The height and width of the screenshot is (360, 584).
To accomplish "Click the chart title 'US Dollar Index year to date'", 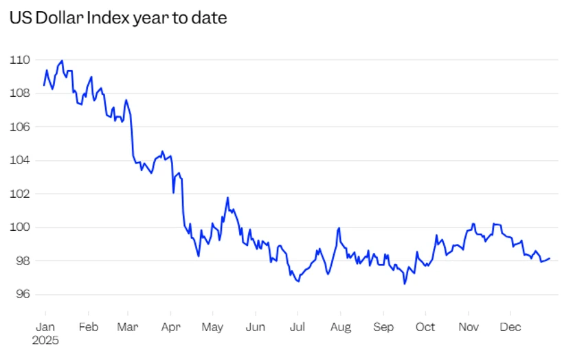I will point(117,19).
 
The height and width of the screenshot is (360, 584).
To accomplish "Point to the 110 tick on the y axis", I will point(19,60).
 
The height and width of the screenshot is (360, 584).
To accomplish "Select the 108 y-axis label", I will point(19,93).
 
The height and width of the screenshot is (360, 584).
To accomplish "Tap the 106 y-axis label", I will point(19,126).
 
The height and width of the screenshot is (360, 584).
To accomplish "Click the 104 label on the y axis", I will point(19,160).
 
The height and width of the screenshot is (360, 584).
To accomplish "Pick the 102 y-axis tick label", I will point(19,194).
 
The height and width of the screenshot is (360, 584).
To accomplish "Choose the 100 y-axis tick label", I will point(19,227).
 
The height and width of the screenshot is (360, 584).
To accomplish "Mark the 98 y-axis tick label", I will point(21,260).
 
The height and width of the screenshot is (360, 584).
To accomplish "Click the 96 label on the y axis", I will point(21,294).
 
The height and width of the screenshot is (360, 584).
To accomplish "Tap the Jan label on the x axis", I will point(45,327).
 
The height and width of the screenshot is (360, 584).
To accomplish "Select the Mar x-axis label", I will point(128,327).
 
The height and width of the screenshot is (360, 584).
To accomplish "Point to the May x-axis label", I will point(213,327).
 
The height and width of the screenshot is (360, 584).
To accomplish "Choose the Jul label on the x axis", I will point(297,327).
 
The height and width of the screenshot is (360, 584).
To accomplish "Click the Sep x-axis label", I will point(383,327).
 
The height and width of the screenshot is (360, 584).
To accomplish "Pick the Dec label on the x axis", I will point(510,327).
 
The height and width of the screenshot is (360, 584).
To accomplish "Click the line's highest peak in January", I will point(62,60).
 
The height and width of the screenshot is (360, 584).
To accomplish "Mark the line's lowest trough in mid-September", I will point(405,283).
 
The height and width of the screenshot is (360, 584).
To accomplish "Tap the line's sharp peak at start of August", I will point(339,228).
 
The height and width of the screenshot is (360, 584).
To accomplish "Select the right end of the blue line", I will point(550,258).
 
